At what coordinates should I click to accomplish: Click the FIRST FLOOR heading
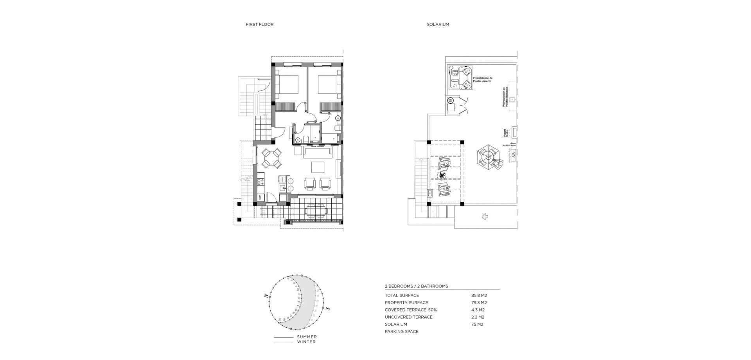point(259,24)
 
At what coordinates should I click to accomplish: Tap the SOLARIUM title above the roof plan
point(438,24)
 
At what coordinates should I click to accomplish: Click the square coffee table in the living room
point(318,167)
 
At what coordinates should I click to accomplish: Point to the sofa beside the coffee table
point(318,153)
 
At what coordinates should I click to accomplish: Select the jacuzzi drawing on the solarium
point(460,77)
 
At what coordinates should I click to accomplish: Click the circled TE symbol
point(451,101)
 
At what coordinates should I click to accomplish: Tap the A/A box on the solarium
point(514,155)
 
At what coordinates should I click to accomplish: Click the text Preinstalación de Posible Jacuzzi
point(483,79)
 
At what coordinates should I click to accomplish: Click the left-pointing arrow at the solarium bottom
point(485,216)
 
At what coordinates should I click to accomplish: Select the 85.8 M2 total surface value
point(479,295)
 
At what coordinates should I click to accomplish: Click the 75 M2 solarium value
point(478,324)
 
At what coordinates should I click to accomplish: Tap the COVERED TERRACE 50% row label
point(411,310)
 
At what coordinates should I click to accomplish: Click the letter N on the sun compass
point(266,296)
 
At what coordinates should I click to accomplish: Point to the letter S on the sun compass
point(328,309)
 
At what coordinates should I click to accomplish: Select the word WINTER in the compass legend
point(306,342)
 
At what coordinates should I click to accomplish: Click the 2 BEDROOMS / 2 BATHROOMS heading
point(416,286)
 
